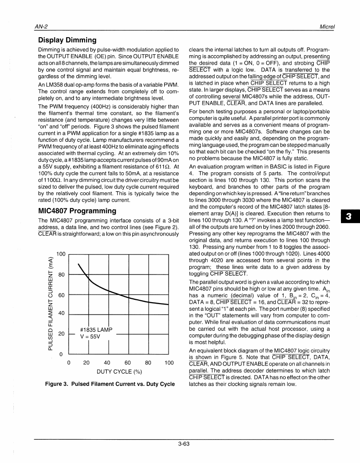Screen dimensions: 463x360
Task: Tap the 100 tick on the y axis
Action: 60,255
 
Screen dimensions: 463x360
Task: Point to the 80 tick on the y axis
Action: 61,275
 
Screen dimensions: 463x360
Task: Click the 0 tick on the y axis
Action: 61,355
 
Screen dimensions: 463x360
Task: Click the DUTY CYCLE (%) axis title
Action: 120,372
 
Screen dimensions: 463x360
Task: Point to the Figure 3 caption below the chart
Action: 110,384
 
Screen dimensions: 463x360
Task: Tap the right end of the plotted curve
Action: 169,304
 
